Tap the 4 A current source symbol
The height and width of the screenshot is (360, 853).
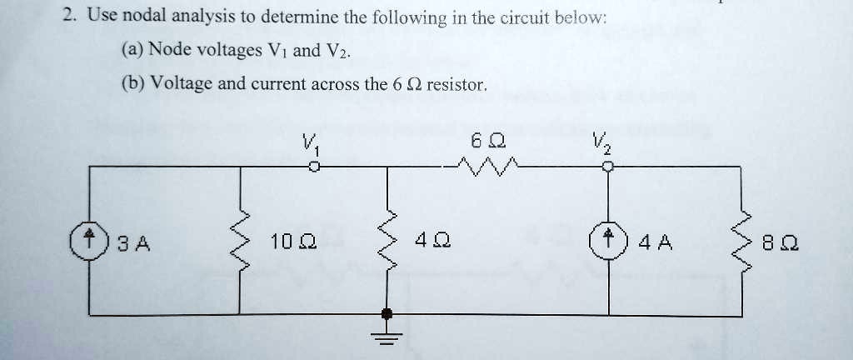608,242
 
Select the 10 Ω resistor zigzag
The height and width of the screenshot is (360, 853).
242,242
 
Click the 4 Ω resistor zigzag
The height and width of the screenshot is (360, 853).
387,242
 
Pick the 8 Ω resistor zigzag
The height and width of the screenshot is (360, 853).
741,242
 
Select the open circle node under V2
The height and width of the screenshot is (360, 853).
609,167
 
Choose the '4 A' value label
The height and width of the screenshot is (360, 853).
650,243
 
